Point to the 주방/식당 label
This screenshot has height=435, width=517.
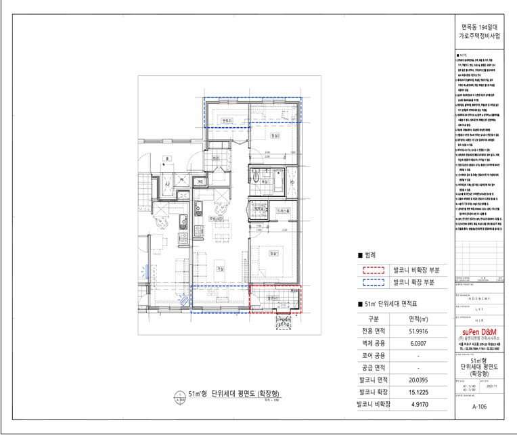pos(217,219)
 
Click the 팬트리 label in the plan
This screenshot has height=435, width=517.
pos(227,121)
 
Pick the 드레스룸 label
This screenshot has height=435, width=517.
pos(284,210)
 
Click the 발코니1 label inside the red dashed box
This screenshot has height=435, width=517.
pos(272,297)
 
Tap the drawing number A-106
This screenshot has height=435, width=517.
pos(479,407)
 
